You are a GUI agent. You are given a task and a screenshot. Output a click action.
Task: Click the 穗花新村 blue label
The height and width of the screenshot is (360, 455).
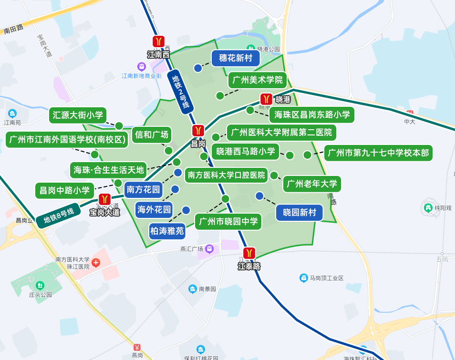pos(236,58)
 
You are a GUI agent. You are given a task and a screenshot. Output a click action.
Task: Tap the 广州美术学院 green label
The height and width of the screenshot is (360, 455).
pos(258,80)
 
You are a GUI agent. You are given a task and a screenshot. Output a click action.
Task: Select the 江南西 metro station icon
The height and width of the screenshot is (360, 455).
pos(158,42)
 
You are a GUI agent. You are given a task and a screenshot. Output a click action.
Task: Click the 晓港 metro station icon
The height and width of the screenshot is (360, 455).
pos(266,99)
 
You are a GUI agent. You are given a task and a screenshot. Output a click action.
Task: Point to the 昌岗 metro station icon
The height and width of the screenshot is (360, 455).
pos(198,131)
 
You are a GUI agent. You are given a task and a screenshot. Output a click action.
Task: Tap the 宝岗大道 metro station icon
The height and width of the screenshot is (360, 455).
pos(104,200)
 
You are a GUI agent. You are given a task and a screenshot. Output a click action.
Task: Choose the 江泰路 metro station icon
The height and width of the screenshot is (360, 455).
pos(249,253)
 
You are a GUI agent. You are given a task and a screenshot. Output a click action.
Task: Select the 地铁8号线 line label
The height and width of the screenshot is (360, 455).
pos(59,216)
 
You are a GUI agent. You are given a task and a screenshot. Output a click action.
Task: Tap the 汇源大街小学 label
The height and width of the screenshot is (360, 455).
pos(78,115)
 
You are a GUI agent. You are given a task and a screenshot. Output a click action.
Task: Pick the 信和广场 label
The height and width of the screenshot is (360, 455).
pos(152,134)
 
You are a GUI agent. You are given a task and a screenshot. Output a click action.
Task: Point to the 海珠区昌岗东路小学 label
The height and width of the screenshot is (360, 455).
pos(312,114)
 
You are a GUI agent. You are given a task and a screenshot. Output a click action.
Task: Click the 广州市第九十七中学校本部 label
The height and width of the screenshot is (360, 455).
pos(378,153)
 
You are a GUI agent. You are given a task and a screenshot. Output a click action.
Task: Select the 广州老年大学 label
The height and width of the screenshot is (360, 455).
pos(312,184)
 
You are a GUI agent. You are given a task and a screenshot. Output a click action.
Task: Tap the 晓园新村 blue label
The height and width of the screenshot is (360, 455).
pos(300,213)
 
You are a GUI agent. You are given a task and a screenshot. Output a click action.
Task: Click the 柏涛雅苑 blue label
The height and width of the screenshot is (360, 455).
pos(167,231)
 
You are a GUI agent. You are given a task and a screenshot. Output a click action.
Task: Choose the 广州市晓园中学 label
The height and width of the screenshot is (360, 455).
pos(228,221)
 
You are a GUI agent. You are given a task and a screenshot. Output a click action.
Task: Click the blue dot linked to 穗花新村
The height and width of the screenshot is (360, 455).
pos(198,68)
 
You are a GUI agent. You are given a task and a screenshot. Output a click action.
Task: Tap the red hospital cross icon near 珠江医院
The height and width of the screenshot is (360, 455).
pos(96,263)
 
